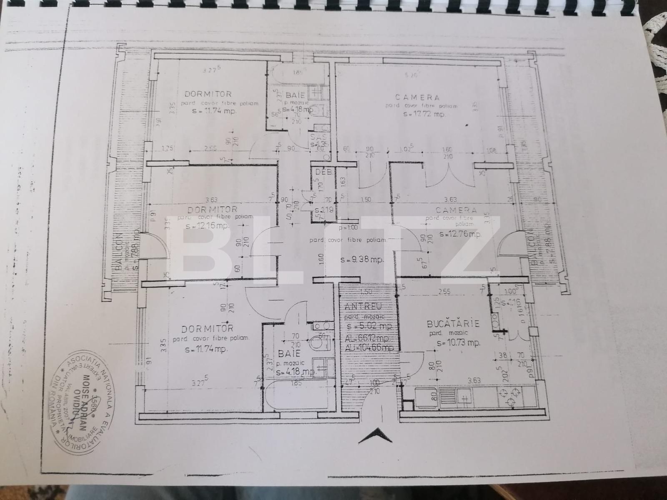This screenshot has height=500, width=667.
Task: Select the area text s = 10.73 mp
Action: (x=458, y=343)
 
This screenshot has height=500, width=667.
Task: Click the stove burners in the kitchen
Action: (x=511, y=396)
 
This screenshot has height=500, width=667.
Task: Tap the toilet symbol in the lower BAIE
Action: (x=321, y=344)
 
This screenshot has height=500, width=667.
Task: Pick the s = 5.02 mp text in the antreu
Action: (x=367, y=326)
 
